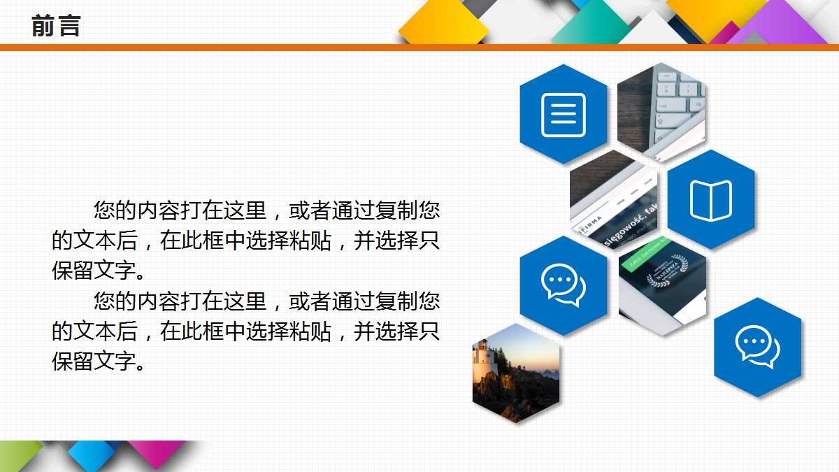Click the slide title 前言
[56, 26]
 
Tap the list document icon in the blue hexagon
[564, 114]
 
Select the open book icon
[711, 201]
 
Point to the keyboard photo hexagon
[661, 112]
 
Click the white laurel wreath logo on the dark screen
[664, 273]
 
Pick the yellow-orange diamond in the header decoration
[444, 27]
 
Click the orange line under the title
[419, 47]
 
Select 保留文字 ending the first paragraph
[91, 271]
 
